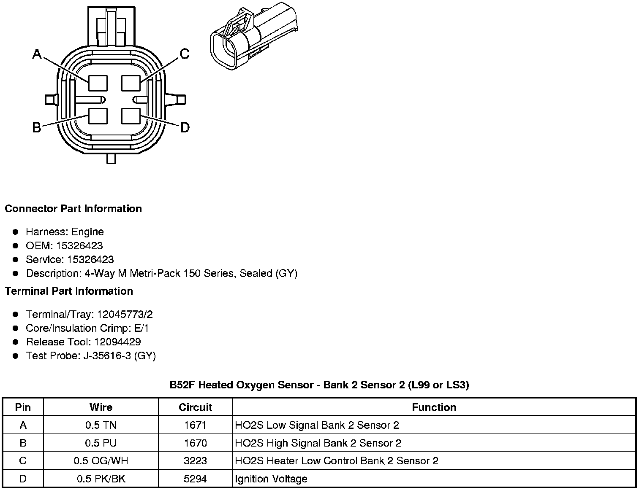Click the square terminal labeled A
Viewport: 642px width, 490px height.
point(98,83)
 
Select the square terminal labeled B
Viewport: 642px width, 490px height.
point(98,116)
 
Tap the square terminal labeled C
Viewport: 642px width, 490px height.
point(131,83)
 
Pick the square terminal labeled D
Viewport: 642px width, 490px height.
point(131,116)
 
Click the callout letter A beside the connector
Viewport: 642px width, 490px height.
point(37,54)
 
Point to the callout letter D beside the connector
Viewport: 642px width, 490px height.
point(185,127)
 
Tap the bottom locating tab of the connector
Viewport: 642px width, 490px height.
point(111,159)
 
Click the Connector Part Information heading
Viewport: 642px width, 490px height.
point(73,209)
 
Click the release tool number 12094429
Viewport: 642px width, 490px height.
point(117,342)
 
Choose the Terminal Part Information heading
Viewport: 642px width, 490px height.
point(69,291)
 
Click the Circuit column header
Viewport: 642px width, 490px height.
point(195,407)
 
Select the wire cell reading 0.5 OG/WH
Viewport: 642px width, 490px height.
point(101,461)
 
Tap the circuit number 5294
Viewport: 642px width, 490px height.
point(195,479)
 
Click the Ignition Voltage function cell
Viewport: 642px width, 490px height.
point(271,479)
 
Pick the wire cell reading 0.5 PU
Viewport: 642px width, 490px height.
point(101,443)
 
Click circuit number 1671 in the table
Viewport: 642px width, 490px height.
point(195,425)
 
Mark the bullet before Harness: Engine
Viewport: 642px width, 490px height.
point(16,232)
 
